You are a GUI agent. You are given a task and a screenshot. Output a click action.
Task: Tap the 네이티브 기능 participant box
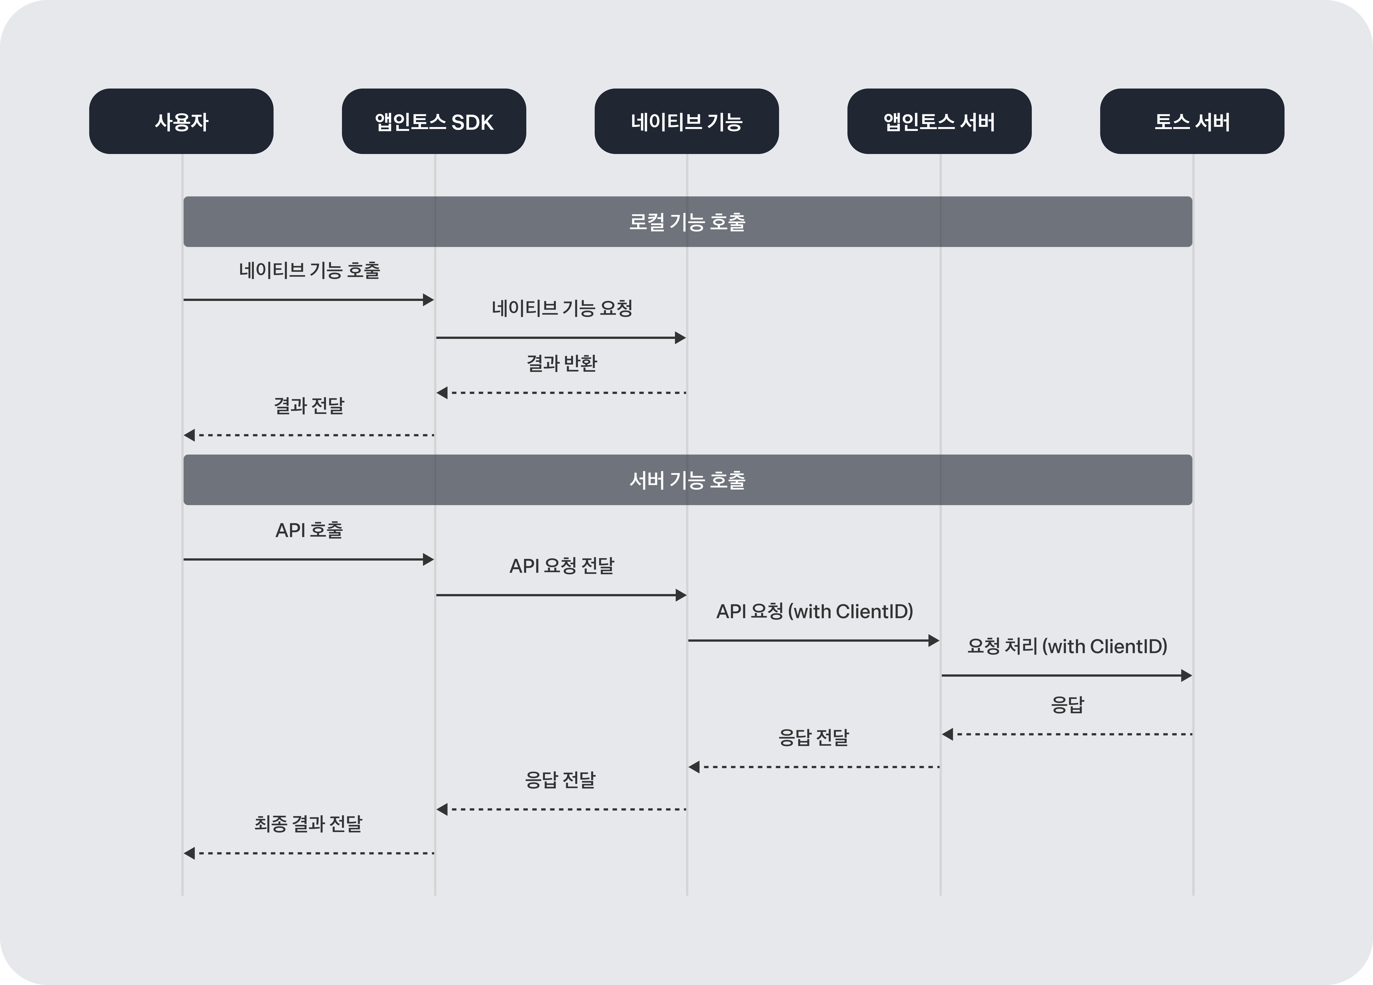(x=686, y=121)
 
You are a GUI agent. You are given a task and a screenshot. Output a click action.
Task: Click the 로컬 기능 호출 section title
(x=687, y=222)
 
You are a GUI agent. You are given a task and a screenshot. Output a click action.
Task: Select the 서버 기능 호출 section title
(x=687, y=480)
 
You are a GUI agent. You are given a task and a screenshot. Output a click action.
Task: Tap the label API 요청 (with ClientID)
(x=814, y=611)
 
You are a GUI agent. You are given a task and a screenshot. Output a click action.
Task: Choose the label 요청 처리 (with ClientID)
(x=1067, y=646)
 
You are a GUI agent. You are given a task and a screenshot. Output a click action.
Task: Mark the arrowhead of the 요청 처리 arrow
(x=1187, y=676)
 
